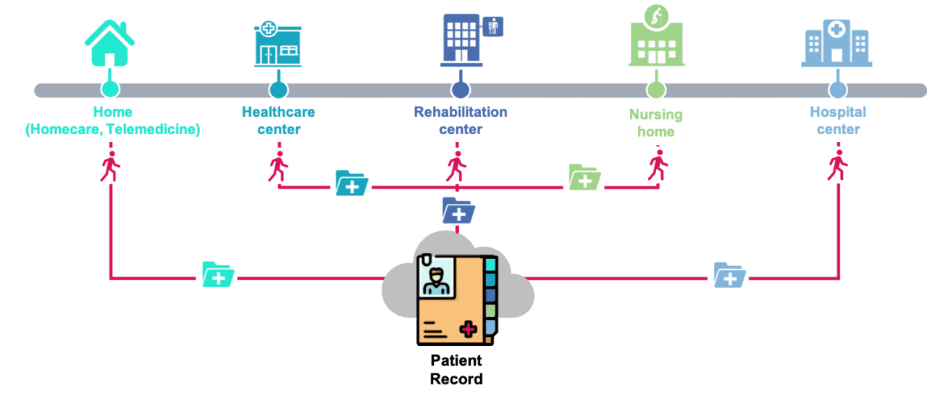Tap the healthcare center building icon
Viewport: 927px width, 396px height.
pyautogui.click(x=277, y=45)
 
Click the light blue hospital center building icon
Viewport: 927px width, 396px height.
pyautogui.click(x=836, y=44)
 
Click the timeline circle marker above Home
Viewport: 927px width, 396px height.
pyautogui.click(x=110, y=89)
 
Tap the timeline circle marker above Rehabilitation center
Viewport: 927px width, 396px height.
pyautogui.click(x=461, y=89)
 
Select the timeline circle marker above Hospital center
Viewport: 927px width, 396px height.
pyautogui.click(x=837, y=89)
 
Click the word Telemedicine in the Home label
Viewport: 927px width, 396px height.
pyautogui.click(x=154, y=130)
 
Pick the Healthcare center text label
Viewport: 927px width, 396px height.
pyautogui.click(x=279, y=121)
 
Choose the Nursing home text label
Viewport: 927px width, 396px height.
pyautogui.click(x=655, y=123)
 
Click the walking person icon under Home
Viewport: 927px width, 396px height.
pyautogui.click(x=110, y=166)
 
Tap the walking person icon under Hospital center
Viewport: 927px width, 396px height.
pyautogui.click(x=838, y=165)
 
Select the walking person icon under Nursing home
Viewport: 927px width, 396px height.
pyautogui.click(x=657, y=165)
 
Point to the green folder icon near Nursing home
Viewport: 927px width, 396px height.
pyautogui.click(x=584, y=177)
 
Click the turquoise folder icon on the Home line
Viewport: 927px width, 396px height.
pyautogui.click(x=217, y=275)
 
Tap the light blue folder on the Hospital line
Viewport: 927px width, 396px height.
pyautogui.click(x=728, y=275)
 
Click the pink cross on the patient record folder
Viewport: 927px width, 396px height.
pyautogui.click(x=469, y=329)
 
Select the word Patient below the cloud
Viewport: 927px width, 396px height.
pyautogui.click(x=456, y=360)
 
